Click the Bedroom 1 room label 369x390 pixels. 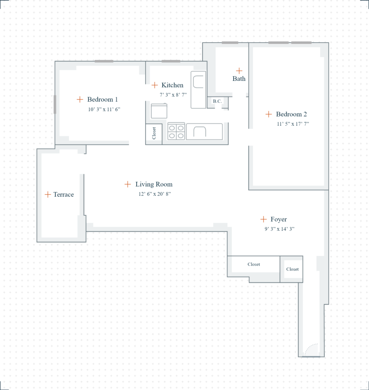[102, 99]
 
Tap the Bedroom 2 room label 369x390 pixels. [291, 114]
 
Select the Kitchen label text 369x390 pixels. [172, 85]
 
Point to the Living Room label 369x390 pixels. [154, 184]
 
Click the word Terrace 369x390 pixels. [63, 194]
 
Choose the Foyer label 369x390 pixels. [278, 219]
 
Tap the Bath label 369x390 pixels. [239, 78]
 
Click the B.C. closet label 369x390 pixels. [217, 101]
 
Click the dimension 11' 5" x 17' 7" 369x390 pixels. [293, 124]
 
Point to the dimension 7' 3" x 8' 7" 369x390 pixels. [173, 95]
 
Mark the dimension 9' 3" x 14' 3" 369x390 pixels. [279, 229]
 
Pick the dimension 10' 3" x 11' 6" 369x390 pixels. [104, 110]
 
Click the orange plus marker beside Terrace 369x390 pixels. [47, 194]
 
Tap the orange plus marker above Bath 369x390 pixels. [239, 71]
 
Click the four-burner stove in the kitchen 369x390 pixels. [176, 131]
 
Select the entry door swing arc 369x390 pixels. [311, 349]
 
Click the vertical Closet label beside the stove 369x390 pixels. [154, 134]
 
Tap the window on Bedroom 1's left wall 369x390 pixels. [55, 105]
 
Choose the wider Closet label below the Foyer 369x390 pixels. [254, 264]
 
